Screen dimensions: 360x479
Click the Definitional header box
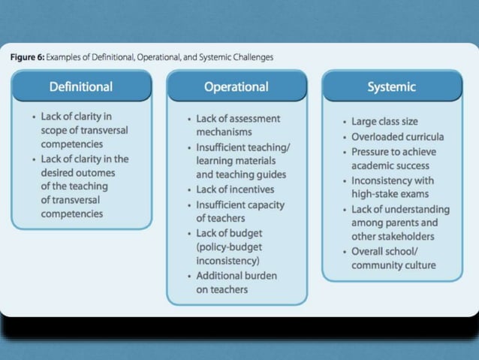coord(81,86)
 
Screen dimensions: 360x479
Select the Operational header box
coord(236,86)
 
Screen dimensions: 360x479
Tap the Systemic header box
coord(391,86)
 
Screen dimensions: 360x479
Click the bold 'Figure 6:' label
coord(28,57)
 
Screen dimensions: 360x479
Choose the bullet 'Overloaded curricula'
coord(397,137)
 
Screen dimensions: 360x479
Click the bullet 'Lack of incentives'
coord(235,189)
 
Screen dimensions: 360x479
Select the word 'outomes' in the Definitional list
coord(96,172)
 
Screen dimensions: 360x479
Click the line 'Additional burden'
coord(236,275)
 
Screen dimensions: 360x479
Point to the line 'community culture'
coord(393,265)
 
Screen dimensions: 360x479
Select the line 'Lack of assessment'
coord(238,119)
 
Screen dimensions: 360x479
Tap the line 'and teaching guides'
coord(242,175)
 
